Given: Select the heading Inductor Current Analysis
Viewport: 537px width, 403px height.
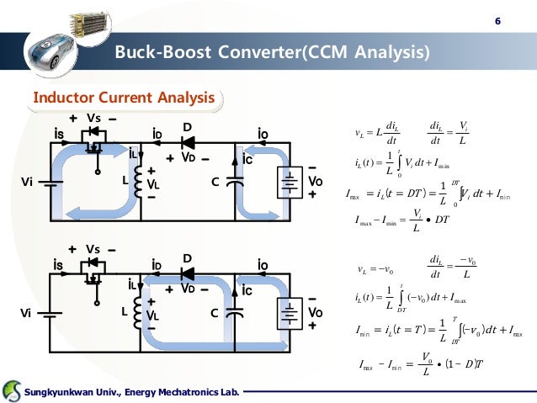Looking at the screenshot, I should click(123, 99).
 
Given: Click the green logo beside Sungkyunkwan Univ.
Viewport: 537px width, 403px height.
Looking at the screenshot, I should click(13, 390).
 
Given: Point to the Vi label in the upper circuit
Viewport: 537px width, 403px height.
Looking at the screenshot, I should click(29, 182).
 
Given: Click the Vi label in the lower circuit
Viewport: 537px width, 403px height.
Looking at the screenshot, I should click(29, 313).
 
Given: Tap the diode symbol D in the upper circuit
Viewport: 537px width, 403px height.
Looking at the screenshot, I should click(188, 141).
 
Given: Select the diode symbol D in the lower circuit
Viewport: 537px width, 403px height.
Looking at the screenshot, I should click(188, 273).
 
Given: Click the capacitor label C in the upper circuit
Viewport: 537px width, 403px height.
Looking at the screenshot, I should click(215, 182).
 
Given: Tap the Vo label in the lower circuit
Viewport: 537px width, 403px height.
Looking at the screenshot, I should click(315, 312).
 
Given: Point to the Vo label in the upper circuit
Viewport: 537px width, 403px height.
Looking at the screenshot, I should click(315, 181).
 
